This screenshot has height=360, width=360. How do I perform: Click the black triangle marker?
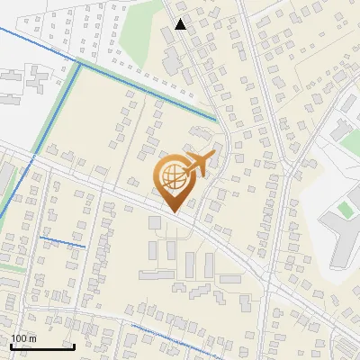tap(181, 24)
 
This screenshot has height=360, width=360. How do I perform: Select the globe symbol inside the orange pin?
tap(173, 178)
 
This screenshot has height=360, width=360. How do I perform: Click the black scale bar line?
tap(41, 346)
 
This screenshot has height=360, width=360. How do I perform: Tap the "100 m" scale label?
tap(24, 338)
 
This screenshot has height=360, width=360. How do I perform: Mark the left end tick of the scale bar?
tap(10, 345)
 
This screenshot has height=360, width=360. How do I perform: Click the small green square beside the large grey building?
tap(346, 210)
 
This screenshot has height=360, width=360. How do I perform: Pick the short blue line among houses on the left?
tap(62, 241)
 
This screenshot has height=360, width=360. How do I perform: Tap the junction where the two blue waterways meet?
tap(79, 65)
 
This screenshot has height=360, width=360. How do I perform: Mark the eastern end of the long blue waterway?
tap(215, 120)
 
